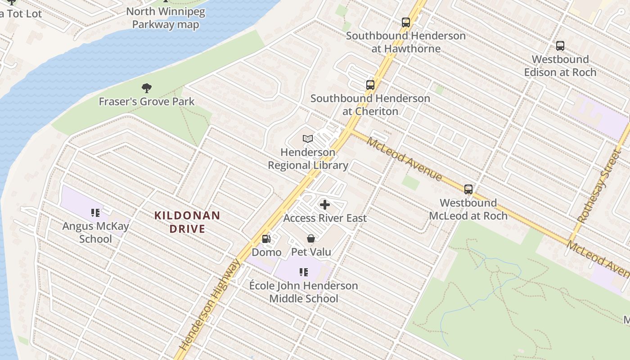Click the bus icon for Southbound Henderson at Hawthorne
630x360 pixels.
point(405,22)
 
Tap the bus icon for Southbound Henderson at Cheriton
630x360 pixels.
point(370,85)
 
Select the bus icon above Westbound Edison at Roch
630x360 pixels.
point(560,46)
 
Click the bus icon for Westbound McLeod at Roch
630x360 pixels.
point(468,189)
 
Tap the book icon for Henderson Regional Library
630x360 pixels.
point(308,139)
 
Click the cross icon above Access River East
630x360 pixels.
point(324,205)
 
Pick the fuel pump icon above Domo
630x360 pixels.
point(266,239)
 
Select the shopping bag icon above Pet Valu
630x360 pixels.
point(310,238)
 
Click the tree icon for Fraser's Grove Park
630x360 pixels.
point(146,88)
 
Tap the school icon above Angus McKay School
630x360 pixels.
point(95,212)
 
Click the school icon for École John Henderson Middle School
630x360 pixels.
point(304,272)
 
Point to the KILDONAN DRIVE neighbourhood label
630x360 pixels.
point(187,222)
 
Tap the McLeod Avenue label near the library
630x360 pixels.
point(404,159)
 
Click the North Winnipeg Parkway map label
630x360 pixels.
point(166,18)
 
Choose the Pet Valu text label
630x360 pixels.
point(311,252)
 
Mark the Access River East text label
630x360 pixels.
point(325,218)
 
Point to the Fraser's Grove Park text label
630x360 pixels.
point(147,101)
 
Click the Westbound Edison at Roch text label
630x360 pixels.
point(560,66)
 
